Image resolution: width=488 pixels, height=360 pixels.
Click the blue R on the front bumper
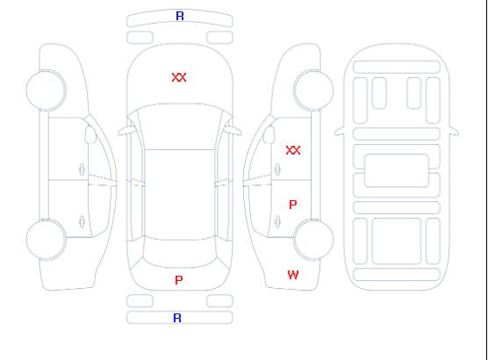(180, 16)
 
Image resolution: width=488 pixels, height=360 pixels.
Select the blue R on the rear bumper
(177, 318)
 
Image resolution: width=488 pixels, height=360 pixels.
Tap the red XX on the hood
(179, 77)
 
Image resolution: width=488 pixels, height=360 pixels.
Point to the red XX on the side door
(293, 150)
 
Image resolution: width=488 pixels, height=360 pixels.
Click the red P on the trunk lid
(179, 280)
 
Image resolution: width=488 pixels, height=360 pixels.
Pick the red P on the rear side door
(293, 205)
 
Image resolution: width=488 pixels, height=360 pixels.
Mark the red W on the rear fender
(293, 275)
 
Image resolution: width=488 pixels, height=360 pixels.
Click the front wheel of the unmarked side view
(46, 90)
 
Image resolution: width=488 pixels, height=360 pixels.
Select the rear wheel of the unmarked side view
(46, 240)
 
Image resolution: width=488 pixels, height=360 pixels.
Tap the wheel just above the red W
(313, 240)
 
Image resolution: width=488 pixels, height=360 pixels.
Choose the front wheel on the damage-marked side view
(313, 90)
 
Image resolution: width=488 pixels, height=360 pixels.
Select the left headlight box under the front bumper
(140, 38)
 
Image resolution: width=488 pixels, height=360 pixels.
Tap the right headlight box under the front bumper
(219, 38)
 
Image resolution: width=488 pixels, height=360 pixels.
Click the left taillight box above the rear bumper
(140, 301)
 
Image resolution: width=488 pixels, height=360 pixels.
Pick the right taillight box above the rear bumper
(219, 301)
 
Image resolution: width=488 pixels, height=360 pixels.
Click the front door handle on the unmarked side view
(83, 169)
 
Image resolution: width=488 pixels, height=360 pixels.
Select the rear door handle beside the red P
(277, 221)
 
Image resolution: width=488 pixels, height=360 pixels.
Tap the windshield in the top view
(180, 126)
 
